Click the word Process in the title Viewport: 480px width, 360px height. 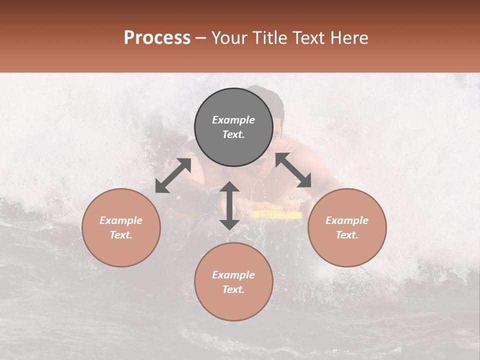pos(157,38)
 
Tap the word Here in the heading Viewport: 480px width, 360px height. pos(350,38)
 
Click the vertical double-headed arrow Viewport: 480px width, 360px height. pos(229,205)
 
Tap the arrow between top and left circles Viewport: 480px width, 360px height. pos(173,175)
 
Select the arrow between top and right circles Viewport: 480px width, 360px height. pos(293,170)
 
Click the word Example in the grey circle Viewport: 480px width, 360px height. pos(233,120)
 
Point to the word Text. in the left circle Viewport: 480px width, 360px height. pos(121,235)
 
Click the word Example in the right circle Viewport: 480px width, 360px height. pos(347,220)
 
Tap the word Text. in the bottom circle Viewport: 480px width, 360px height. pos(233,289)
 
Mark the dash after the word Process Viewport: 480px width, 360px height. pos(201,38)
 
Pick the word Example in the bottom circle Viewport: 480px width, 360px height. pos(233,275)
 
